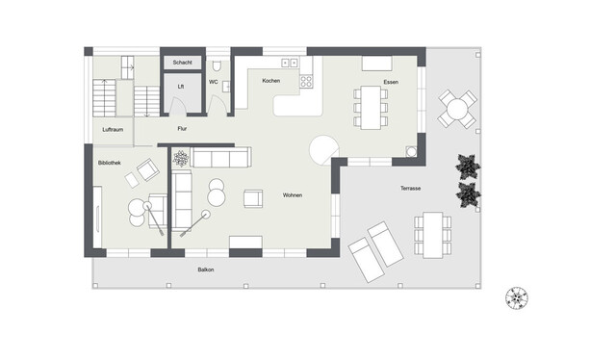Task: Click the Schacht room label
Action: [x=182, y=63]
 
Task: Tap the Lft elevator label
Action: [x=181, y=87]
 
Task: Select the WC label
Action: [x=214, y=82]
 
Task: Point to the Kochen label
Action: [x=271, y=81]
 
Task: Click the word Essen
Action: [x=391, y=82]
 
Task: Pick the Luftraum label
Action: [x=113, y=129]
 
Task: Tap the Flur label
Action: [x=182, y=129]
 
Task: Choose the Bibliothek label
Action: [x=110, y=163]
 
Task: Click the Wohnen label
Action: [x=293, y=195]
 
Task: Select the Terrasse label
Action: [x=411, y=189]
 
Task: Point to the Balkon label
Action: [x=206, y=270]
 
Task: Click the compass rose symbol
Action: [x=517, y=297]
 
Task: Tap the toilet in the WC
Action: [x=217, y=65]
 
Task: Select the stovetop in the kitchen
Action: [x=306, y=82]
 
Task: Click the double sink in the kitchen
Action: [x=290, y=63]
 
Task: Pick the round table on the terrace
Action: [x=457, y=109]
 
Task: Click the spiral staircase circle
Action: [x=324, y=150]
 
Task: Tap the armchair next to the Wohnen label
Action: [x=253, y=198]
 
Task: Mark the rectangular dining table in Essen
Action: [x=371, y=108]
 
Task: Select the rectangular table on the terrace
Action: [x=433, y=235]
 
